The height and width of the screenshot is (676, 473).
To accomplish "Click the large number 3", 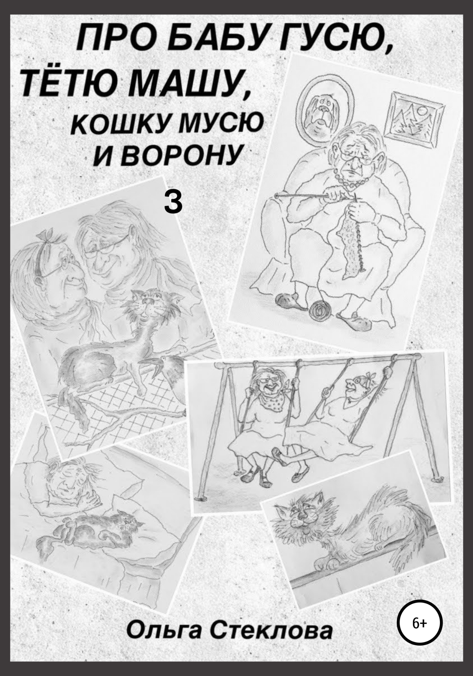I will (173, 203).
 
